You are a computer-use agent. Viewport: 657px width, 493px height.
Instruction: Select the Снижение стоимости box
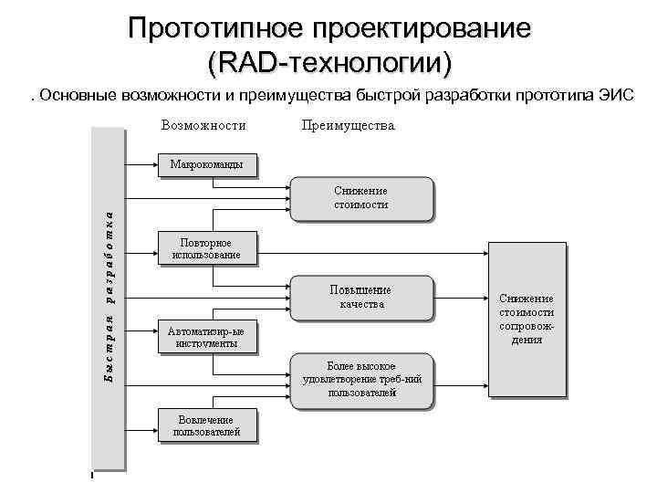pos(360,197)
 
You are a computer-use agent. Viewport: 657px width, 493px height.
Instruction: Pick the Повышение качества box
pos(361,297)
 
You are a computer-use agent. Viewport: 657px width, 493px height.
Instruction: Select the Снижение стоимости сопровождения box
pos(527,319)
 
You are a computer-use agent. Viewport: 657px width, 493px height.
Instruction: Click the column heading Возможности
pos(203,125)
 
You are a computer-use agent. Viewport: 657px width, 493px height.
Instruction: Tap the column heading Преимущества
pos(348,125)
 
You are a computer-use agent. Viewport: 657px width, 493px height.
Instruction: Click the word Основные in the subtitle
pos(75,96)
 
